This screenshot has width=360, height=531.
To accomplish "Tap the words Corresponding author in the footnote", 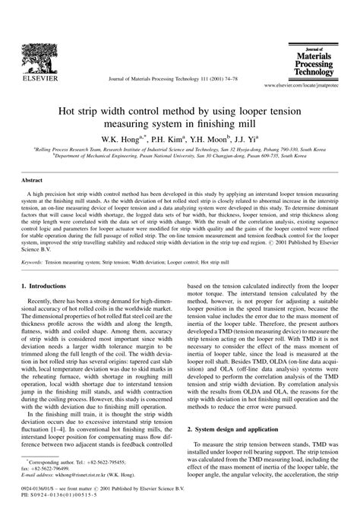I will pos(62,481).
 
